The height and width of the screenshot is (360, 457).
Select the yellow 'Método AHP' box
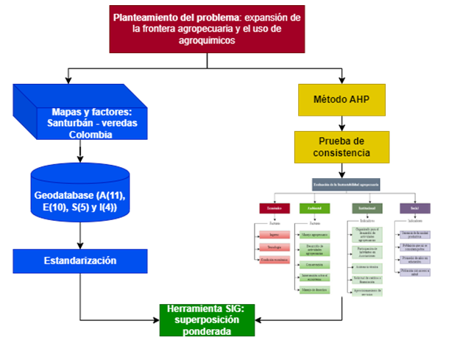(341, 99)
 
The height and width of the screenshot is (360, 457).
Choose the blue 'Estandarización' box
(80, 260)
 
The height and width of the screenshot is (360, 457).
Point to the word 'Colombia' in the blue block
(91, 135)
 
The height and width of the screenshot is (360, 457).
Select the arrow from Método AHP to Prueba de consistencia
(341, 123)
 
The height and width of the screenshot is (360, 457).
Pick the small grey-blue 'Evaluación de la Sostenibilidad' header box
(345, 184)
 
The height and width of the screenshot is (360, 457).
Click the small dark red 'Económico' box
(274, 208)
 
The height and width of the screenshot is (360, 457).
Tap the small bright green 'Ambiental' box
(314, 208)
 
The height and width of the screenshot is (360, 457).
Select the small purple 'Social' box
(414, 208)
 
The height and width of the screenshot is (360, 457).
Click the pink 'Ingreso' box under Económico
(274, 235)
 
